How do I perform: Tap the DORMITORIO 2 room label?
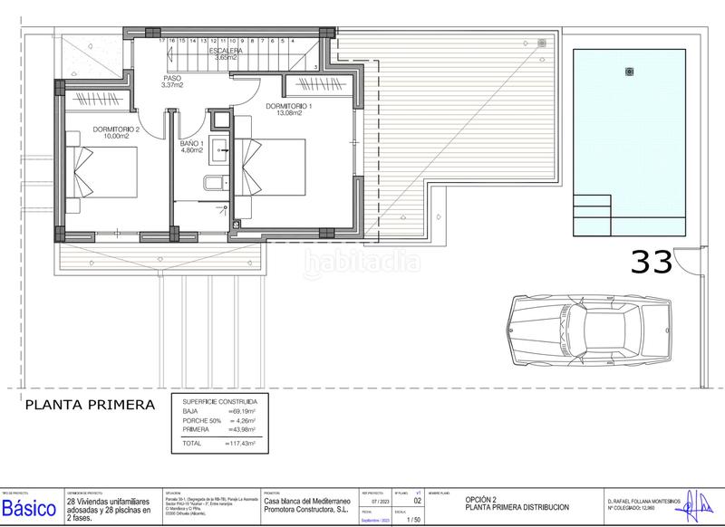point(117,129)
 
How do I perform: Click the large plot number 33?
point(652,262)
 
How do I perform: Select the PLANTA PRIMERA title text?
point(90,405)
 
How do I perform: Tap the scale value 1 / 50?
point(414,519)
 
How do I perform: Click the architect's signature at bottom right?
point(699,503)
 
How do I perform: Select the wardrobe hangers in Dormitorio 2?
point(96,98)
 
